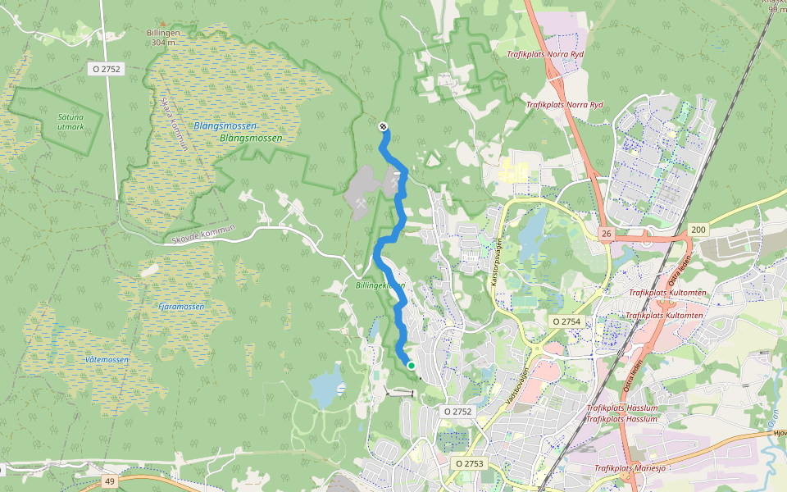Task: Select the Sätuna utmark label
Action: point(71,122)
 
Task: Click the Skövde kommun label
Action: point(204,235)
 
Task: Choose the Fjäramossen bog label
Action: point(181,306)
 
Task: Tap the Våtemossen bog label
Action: point(107,360)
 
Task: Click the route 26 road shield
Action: point(606,235)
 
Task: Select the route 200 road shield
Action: point(698,230)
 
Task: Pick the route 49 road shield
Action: point(110,481)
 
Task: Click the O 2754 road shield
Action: point(566,321)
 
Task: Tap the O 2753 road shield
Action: point(470,464)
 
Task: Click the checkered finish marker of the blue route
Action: point(383,126)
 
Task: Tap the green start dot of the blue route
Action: point(412,366)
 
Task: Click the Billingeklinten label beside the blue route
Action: point(380,285)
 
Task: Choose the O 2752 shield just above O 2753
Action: point(458,411)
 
